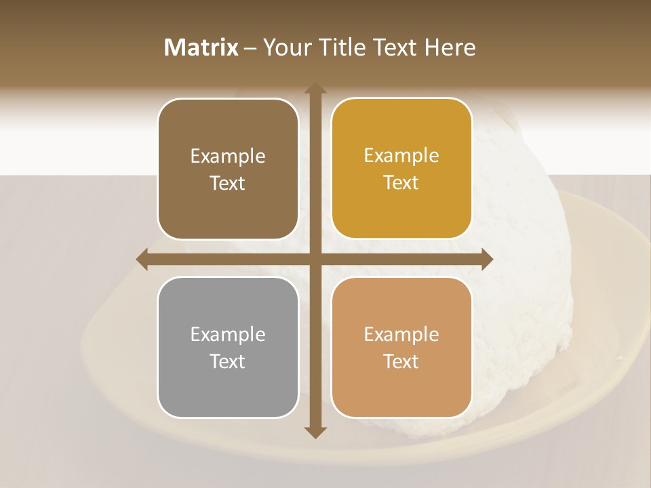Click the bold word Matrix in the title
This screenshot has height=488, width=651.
[201, 47]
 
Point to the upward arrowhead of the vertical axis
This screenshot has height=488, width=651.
[315, 87]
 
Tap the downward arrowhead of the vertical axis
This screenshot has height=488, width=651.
[315, 432]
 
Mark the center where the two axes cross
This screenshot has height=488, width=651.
[315, 259]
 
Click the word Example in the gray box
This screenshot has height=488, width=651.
[228, 334]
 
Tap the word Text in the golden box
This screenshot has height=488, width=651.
[401, 183]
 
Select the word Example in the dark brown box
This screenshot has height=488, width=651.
[228, 156]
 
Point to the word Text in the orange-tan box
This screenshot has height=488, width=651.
[401, 361]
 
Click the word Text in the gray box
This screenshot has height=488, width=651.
[228, 361]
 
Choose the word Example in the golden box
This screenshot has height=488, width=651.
[401, 155]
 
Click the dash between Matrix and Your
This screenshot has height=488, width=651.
[251, 48]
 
